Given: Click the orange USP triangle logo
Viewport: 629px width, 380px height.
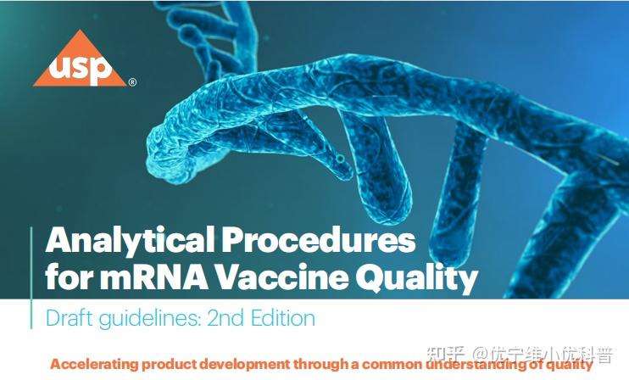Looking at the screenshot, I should pyautogui.click(x=80, y=61).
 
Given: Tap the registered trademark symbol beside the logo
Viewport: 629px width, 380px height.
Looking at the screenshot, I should pyautogui.click(x=132, y=83).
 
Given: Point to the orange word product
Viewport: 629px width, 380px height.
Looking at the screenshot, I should pyautogui.click(x=173, y=365).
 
